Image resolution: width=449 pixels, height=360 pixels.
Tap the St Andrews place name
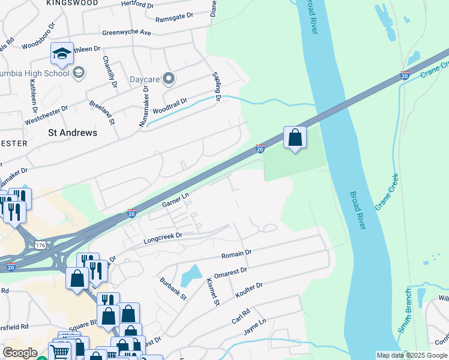(x=72, y=133)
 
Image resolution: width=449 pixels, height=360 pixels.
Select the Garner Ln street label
(x=175, y=200)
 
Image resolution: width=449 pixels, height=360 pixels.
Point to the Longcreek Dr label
(x=162, y=238)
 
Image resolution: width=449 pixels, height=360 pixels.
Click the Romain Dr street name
(x=237, y=255)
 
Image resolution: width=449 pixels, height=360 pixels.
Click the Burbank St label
(x=173, y=289)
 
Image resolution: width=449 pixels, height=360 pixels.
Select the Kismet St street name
(x=212, y=292)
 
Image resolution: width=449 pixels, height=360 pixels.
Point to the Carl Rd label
(x=241, y=316)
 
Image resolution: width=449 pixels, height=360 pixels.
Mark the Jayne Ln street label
(x=255, y=328)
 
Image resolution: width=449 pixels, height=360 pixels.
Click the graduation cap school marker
(x=62, y=55)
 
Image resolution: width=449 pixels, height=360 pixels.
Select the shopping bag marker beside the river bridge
(x=295, y=138)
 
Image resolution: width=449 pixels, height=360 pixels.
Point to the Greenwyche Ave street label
(x=126, y=32)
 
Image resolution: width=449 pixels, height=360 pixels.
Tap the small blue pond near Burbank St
(x=191, y=275)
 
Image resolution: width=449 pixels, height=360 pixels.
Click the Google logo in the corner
(x=19, y=353)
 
